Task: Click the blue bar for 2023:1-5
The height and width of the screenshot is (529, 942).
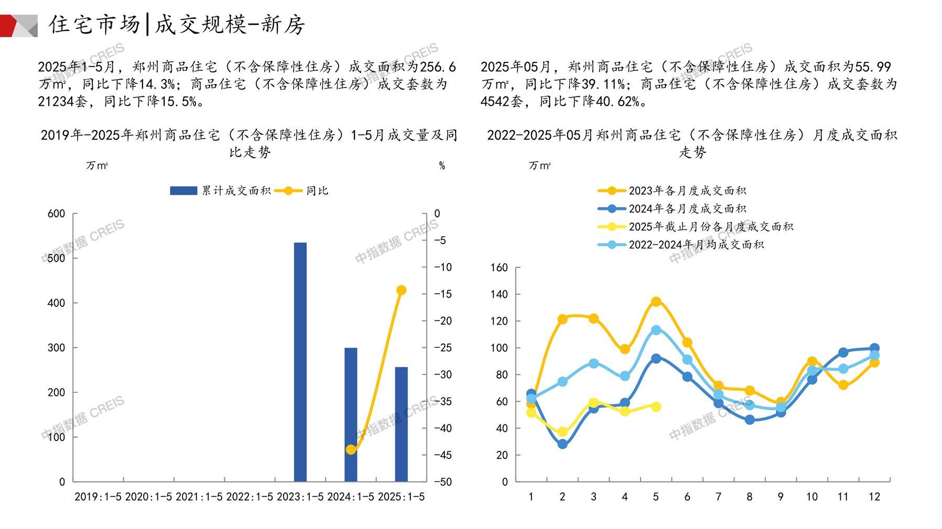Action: point(300,361)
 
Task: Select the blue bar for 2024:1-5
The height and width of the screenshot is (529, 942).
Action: point(351,414)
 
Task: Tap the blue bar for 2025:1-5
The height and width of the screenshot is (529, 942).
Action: point(401,424)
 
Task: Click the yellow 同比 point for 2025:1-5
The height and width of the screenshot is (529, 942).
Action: point(402,290)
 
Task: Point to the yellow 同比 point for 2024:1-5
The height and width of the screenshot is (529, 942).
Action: point(351,449)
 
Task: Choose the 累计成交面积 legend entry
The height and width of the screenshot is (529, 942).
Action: point(220,191)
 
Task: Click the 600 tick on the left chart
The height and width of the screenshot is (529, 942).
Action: point(56,214)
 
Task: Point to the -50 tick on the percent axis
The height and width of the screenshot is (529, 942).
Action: point(443,482)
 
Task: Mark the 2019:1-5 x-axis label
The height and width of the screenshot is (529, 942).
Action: point(98,497)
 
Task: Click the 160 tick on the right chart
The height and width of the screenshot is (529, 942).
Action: point(499,268)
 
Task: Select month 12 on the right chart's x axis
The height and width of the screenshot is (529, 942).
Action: point(874,497)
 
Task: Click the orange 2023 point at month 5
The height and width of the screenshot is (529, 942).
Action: point(656,302)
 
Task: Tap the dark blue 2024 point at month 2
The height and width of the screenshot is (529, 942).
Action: point(562,444)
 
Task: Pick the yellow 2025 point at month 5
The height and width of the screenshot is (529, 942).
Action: point(656,406)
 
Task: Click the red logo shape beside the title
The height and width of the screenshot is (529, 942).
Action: point(9,26)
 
